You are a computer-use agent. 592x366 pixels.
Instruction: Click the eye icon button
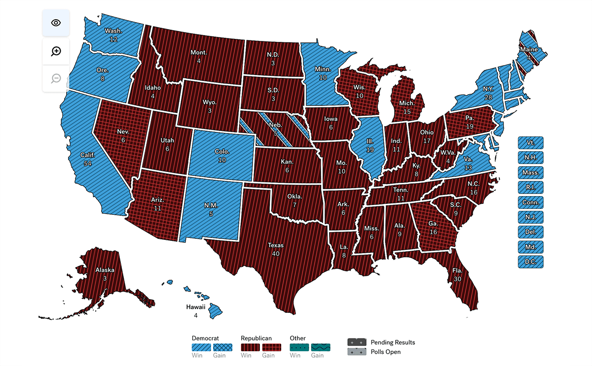pos(56,23)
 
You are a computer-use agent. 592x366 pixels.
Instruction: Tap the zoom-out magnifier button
pos(56,78)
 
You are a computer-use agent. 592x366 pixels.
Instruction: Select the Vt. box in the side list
pos(530,143)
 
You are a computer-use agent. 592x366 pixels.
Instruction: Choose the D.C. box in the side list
pos(530,262)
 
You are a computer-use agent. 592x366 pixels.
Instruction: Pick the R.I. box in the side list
pos(530,188)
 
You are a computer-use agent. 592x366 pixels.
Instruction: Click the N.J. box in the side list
pos(530,217)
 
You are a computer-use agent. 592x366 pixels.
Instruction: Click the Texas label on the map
pos(276,245)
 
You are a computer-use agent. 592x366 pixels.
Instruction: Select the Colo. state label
pos(222,152)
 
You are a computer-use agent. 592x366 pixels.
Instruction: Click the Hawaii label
pos(196,307)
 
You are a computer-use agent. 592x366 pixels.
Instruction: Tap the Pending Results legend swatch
pos(357,342)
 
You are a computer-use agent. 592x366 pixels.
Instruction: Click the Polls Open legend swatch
pos(357,352)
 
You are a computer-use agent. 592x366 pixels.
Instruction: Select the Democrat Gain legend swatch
pos(222,348)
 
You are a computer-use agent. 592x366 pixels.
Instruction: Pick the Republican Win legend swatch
pos(250,348)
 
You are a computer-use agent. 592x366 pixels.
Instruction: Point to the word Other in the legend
pos(297,338)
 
